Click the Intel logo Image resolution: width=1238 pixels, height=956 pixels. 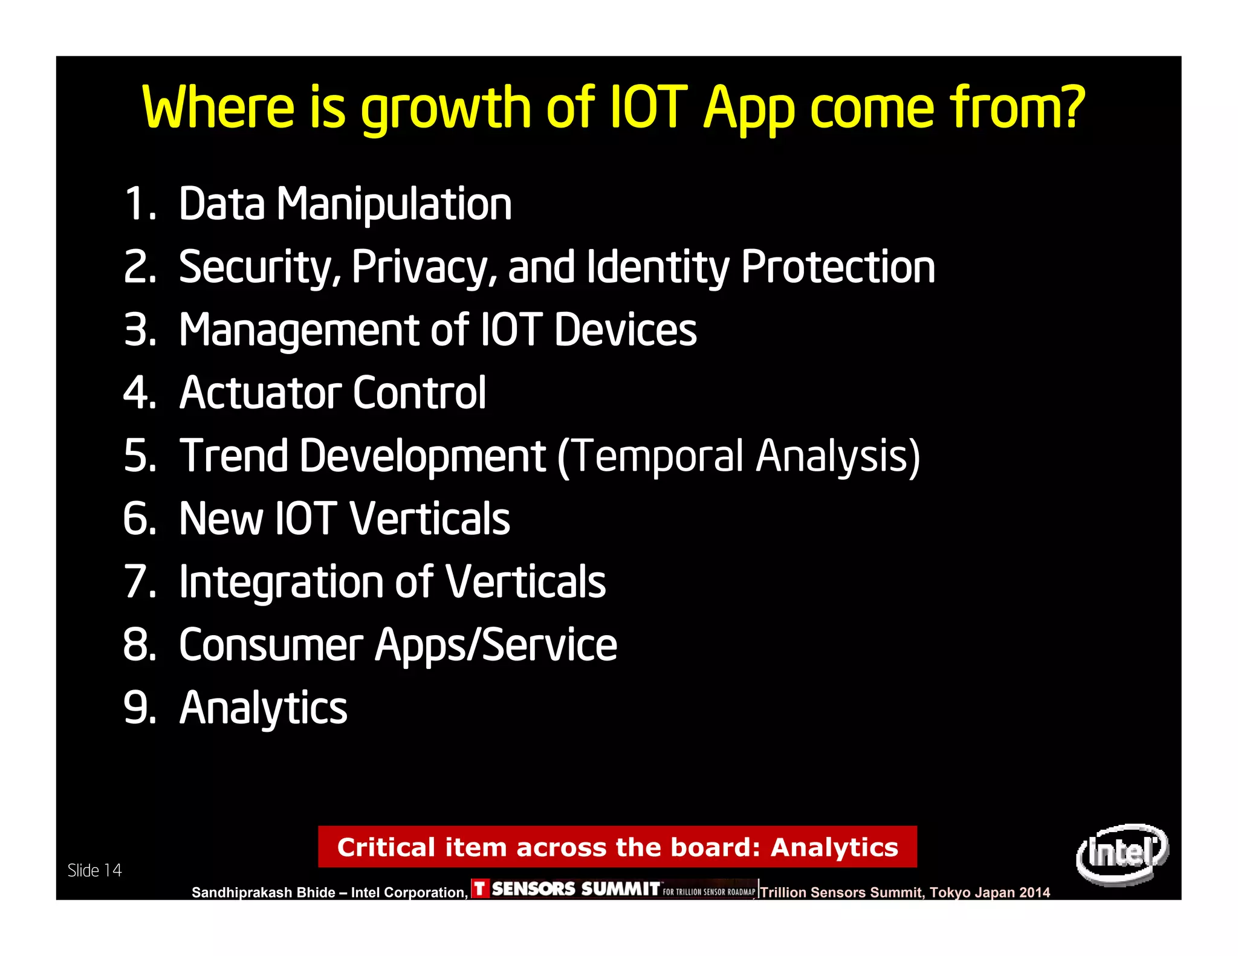pos(1122,853)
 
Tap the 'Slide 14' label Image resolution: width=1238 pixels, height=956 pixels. pos(94,870)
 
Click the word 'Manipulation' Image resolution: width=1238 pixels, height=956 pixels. pos(394,204)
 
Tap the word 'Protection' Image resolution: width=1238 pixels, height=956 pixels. pos(838,267)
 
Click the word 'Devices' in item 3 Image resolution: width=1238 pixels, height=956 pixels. pos(625,330)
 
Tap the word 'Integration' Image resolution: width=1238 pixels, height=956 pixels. pos(280,582)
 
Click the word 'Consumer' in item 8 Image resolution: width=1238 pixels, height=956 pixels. pos(271,645)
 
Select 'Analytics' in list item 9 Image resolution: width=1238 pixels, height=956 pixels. pos(264,708)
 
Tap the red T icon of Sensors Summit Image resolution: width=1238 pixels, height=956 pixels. pos(480,888)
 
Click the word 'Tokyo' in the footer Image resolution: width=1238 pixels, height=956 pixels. pos(950,893)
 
